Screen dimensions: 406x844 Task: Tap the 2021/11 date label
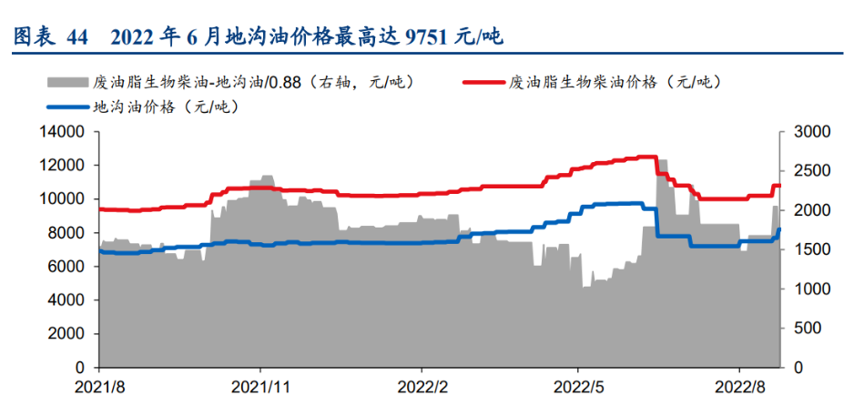click(260, 385)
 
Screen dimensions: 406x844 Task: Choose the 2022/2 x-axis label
click(421, 385)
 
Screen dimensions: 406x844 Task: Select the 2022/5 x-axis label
click(579, 385)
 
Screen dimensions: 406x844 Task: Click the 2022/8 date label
click(739, 385)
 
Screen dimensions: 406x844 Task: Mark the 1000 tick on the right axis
click(807, 289)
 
